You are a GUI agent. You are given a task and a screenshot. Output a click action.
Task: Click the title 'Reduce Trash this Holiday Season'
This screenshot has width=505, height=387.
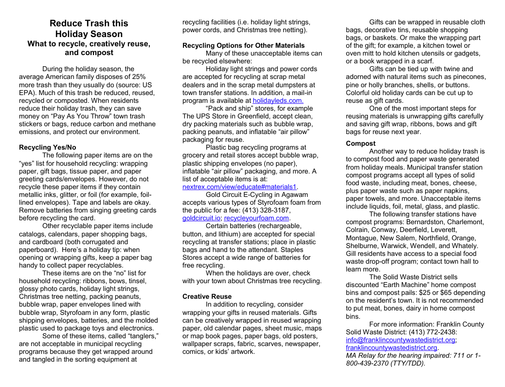tap(89, 29)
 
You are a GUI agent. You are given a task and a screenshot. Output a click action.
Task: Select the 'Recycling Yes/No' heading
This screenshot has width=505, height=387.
tap(47, 147)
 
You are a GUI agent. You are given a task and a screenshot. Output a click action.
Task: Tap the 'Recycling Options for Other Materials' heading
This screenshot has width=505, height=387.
tap(243, 45)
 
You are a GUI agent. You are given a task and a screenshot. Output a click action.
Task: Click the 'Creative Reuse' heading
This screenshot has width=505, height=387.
tap(207, 296)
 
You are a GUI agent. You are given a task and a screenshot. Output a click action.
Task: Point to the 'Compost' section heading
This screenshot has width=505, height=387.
tap(361, 143)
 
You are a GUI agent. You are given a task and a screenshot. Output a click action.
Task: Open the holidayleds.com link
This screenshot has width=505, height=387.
tap(278, 100)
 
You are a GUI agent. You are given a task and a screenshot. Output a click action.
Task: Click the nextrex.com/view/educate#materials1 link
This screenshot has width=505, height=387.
tap(239, 187)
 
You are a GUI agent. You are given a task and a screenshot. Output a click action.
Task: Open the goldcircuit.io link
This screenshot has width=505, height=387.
tap(201, 218)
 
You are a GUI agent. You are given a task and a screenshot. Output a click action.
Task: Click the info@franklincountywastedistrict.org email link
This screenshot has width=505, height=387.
tap(400, 340)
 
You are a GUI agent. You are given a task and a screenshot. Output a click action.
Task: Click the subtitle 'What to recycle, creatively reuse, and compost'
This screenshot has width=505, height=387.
tap(89, 48)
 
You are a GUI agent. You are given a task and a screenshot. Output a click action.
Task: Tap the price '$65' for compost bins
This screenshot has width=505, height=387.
tap(424, 292)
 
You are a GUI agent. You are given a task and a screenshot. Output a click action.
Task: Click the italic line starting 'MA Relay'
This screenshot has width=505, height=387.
tap(413, 355)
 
